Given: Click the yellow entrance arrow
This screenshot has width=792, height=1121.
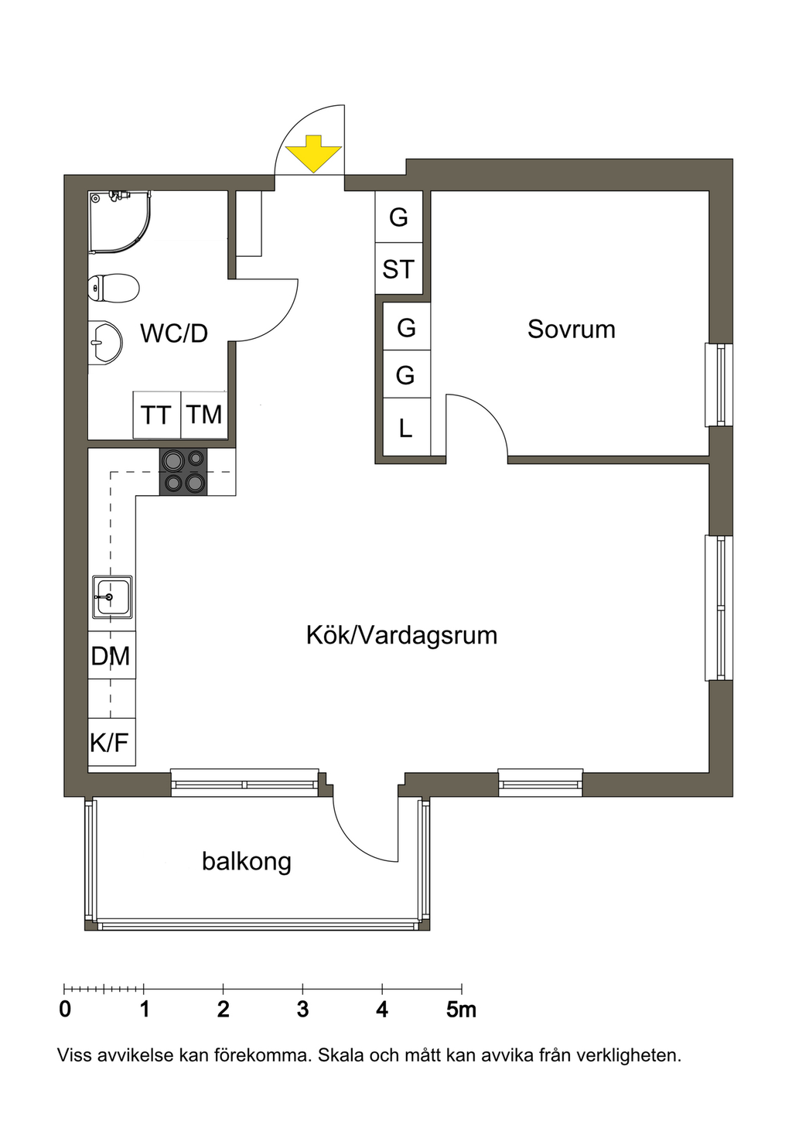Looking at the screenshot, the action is tap(313, 154).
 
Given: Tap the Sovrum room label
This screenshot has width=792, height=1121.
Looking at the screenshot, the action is tap(571, 330).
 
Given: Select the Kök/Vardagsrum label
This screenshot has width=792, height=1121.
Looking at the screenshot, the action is tap(401, 636).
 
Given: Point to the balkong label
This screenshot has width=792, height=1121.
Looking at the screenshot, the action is tap(247, 861).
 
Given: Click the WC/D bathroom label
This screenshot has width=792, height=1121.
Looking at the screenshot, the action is tap(174, 333).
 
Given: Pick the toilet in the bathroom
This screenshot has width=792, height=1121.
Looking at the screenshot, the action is tap(114, 288).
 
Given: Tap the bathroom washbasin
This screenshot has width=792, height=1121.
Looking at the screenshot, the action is tap(105, 343).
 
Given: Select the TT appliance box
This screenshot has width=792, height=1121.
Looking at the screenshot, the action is tap(156, 415).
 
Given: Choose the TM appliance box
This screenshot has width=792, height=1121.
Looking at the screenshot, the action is tap(204, 415).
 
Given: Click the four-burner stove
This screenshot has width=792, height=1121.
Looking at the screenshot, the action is tap(183, 472).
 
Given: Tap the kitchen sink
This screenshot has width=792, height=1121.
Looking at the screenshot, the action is tap(112, 597).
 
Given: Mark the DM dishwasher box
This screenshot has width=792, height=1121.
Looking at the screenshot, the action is tap(111, 655).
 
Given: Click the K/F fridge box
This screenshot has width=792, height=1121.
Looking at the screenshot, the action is tap(111, 742).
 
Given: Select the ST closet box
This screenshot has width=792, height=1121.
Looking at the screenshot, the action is tap(399, 269).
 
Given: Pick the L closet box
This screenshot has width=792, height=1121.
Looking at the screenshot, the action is tap(406, 427).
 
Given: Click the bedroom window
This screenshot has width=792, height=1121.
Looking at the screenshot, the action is tap(719, 384).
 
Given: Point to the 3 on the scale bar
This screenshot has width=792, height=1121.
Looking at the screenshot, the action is tap(302, 1010).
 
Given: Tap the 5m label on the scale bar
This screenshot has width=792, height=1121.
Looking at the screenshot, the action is tap(461, 1010).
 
